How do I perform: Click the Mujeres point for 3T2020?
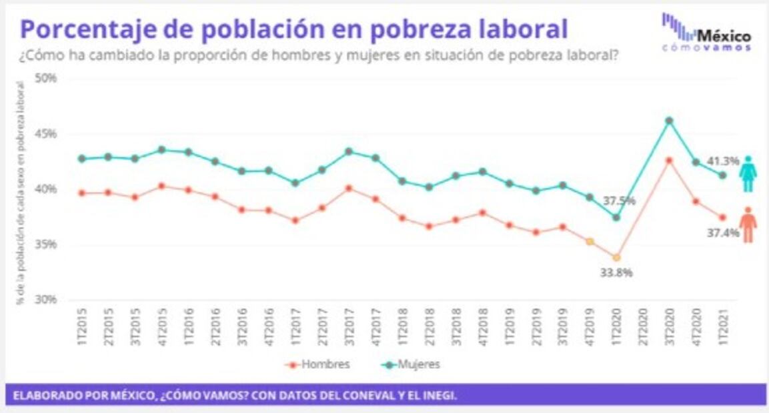click(669, 121)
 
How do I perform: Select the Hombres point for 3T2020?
click(669, 161)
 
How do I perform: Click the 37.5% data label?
click(620, 201)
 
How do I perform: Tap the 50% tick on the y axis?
click(46, 78)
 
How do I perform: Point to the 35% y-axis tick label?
click(46, 244)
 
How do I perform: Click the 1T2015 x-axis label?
click(82, 326)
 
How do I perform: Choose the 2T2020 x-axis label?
click(642, 326)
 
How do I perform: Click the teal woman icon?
click(748, 175)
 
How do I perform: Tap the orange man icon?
click(748, 224)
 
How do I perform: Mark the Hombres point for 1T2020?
click(616, 257)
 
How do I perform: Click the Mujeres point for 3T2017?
click(349, 152)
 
